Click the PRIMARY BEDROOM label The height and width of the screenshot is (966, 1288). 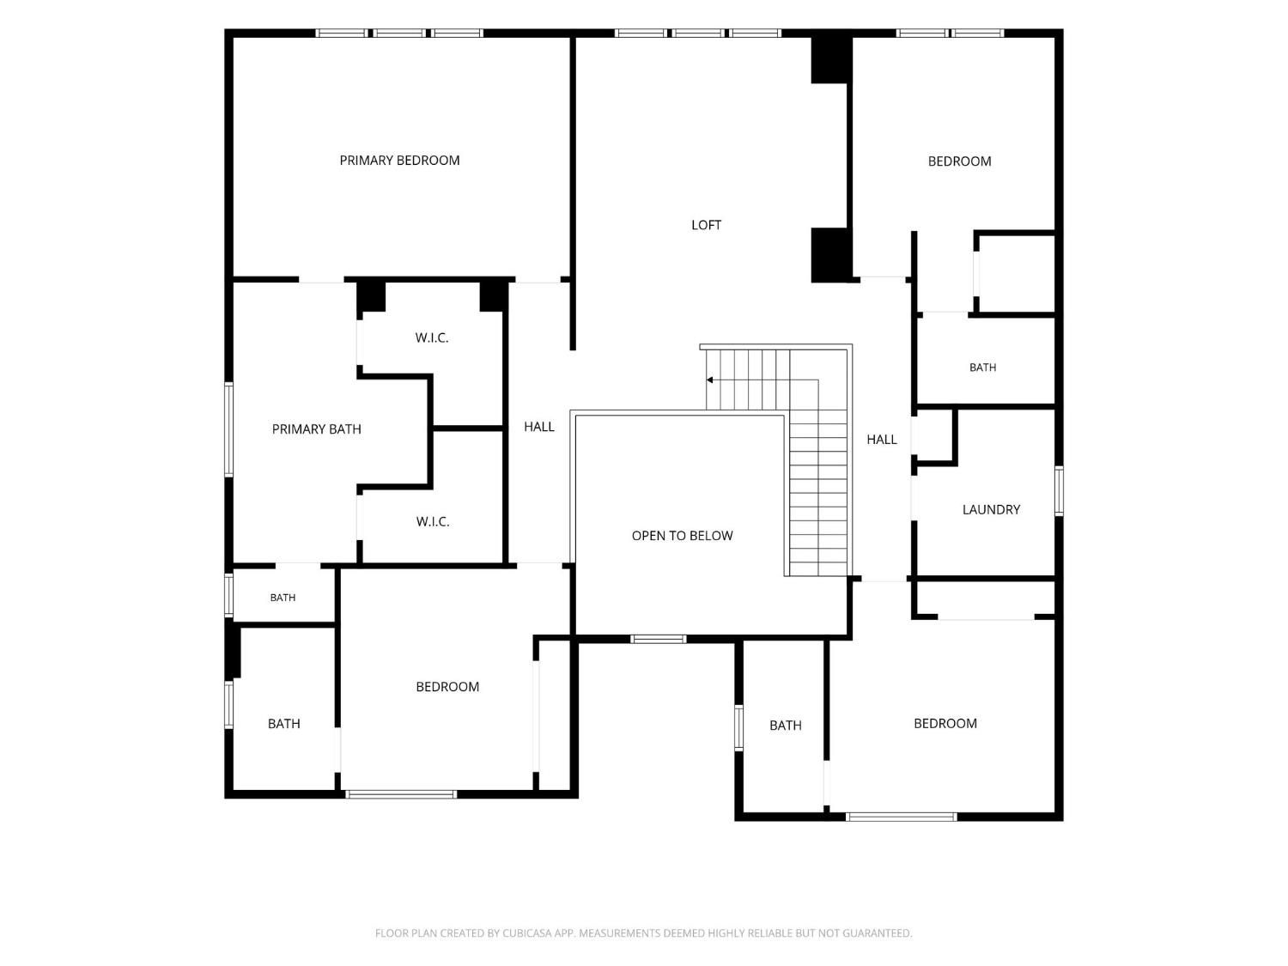(x=399, y=160)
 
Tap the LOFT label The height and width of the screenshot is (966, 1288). (x=706, y=225)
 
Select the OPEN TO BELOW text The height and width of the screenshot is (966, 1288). (x=682, y=536)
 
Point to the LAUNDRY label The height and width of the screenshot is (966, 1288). (x=991, y=510)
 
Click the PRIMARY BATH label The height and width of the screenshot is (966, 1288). (x=316, y=429)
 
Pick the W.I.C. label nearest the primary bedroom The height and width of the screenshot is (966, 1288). (x=431, y=337)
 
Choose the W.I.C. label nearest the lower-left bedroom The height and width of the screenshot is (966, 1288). (x=433, y=522)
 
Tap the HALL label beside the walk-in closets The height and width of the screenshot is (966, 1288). (x=538, y=427)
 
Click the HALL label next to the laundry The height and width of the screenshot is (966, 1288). (x=881, y=440)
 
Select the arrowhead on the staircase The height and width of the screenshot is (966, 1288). (x=709, y=380)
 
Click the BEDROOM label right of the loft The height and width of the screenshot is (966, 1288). (x=959, y=161)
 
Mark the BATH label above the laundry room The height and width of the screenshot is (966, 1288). (x=982, y=368)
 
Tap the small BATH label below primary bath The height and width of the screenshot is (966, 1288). (x=283, y=598)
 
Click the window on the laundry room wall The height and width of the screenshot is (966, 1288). (x=1059, y=491)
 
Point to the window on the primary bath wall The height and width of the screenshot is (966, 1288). (x=229, y=429)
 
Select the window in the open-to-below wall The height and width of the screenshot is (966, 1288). (x=659, y=640)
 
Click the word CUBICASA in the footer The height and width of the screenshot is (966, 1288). (x=526, y=933)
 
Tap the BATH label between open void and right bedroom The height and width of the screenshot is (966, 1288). (x=785, y=726)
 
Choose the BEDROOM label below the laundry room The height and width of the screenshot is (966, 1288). (x=945, y=724)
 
